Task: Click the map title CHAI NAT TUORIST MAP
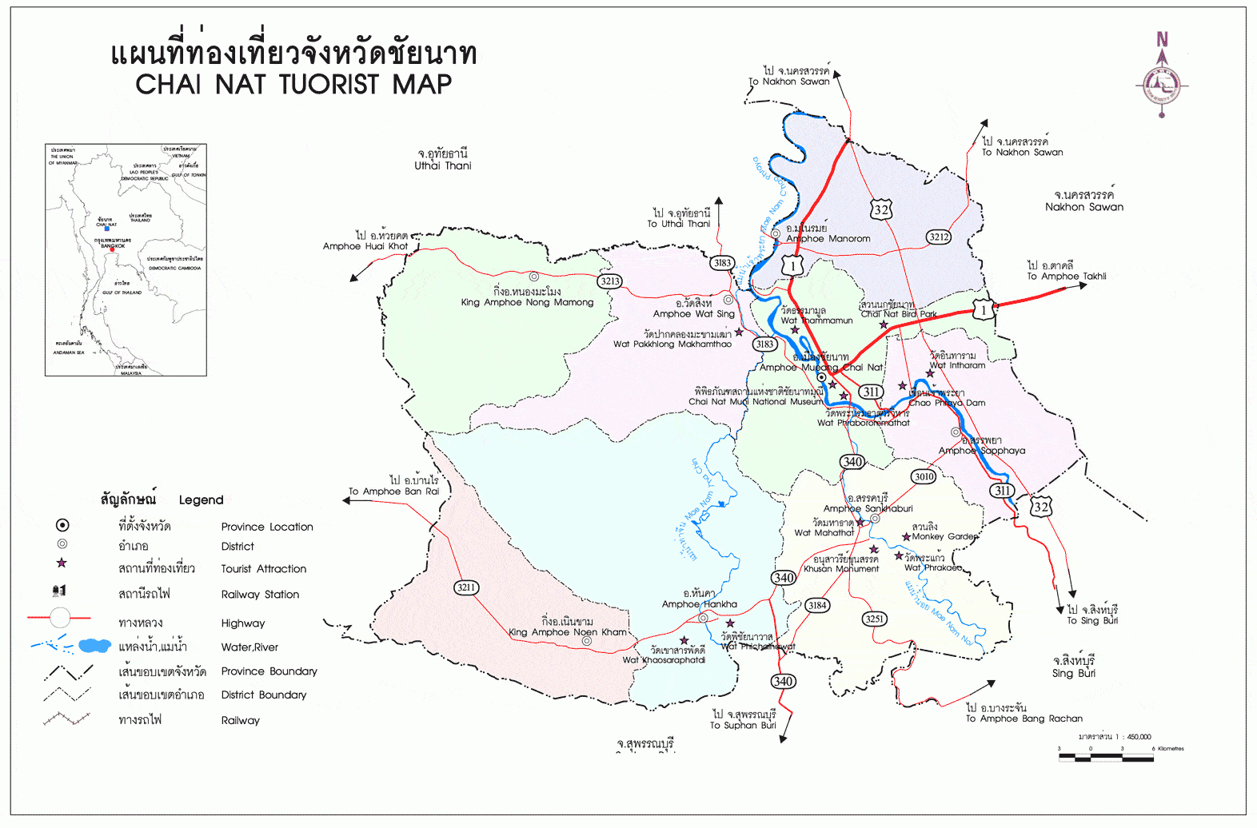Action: point(293,84)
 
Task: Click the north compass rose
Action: point(1162,82)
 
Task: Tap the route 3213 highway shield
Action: point(610,281)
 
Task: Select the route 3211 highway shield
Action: point(465,587)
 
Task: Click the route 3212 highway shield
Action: point(939,237)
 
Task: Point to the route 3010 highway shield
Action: point(924,476)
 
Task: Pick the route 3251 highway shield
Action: point(875,619)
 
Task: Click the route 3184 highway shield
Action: point(816,605)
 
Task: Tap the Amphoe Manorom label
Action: point(828,238)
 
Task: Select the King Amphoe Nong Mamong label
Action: point(527,302)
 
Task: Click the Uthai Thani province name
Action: point(442,165)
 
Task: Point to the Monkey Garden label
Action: point(945,536)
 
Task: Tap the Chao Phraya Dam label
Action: point(947,403)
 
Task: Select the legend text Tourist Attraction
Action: point(264,569)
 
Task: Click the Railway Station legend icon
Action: point(59,591)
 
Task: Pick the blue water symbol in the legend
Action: point(94,645)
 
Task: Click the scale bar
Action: point(1106,757)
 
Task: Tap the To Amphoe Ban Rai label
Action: point(393,492)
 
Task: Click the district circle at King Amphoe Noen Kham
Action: point(587,641)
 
